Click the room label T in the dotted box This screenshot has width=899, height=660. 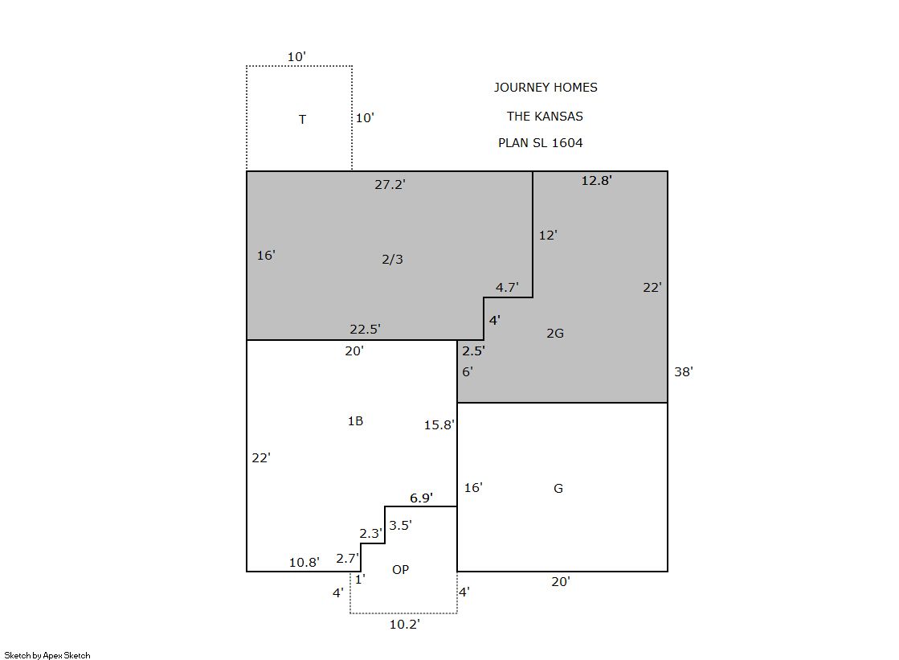point(302,119)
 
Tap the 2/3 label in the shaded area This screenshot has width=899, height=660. point(392,259)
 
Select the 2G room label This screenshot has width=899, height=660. point(555,333)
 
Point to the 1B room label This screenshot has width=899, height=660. point(355,420)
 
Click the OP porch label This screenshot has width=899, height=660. point(400,569)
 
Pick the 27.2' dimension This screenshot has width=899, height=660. point(390,184)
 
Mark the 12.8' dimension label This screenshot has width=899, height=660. point(596,180)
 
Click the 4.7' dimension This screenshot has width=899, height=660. point(508,287)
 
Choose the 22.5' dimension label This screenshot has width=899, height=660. point(366,329)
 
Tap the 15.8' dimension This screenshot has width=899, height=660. point(439,424)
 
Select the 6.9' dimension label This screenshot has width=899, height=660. point(422,498)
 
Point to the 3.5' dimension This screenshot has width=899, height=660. point(400,525)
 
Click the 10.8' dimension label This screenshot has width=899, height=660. point(304,562)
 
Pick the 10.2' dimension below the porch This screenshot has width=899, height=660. point(405,624)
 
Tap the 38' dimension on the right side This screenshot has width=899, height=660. point(684,371)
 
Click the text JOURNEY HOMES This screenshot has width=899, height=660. point(546,88)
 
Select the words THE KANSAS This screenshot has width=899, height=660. point(545,116)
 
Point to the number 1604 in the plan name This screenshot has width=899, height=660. point(567,142)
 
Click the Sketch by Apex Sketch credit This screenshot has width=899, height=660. point(47,655)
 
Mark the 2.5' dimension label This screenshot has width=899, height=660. point(473,350)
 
